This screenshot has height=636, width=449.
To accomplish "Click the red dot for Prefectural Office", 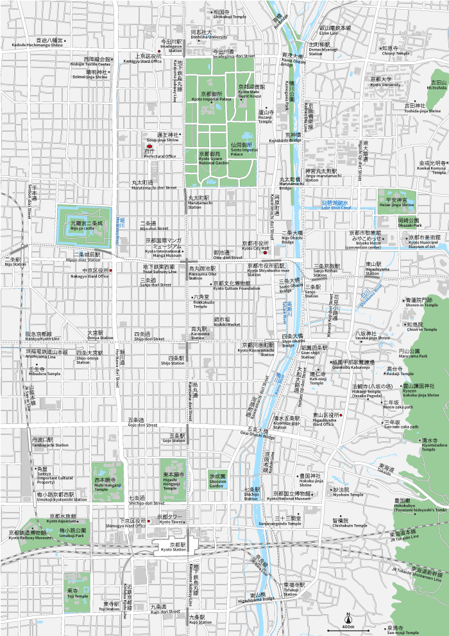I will click(149, 147).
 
